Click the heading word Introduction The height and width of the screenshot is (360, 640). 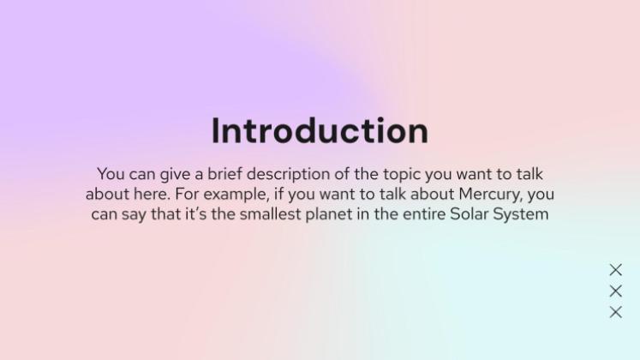(320, 131)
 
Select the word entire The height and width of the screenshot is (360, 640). (418, 214)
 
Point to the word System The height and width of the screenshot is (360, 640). (522, 214)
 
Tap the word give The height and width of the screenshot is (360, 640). (176, 175)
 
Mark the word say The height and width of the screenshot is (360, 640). (134, 214)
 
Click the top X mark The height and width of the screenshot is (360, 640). (615, 270)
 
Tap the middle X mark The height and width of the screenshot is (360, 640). (615, 291)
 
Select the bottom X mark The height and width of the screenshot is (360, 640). (615, 313)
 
